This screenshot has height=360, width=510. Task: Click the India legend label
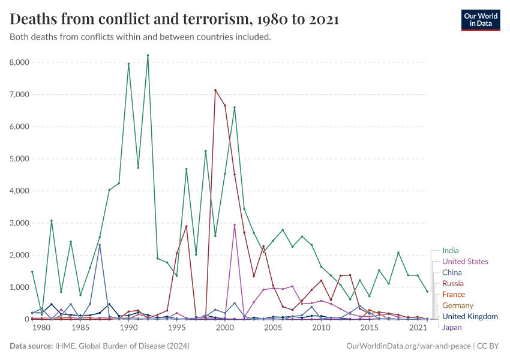[x=451, y=251]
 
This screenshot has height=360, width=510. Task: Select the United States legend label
[x=465, y=262]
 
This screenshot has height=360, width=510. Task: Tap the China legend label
[x=452, y=272]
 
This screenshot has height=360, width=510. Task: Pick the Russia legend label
[x=453, y=283]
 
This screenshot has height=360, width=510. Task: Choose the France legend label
[x=453, y=295]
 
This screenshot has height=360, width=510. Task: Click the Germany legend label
[x=457, y=305]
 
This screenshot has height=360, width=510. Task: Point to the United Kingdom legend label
[x=470, y=316]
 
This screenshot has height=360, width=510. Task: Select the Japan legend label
[x=452, y=328]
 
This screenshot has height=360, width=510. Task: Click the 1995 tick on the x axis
[x=176, y=328]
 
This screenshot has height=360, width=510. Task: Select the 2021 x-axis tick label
[x=418, y=328]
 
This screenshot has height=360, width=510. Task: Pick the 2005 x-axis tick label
[x=273, y=328]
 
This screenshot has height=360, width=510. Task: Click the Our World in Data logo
[x=480, y=20]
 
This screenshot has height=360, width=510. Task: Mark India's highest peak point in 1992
[x=148, y=56]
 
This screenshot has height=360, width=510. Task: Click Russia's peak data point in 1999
[x=215, y=90]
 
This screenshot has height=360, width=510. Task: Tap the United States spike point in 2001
[x=235, y=225]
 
